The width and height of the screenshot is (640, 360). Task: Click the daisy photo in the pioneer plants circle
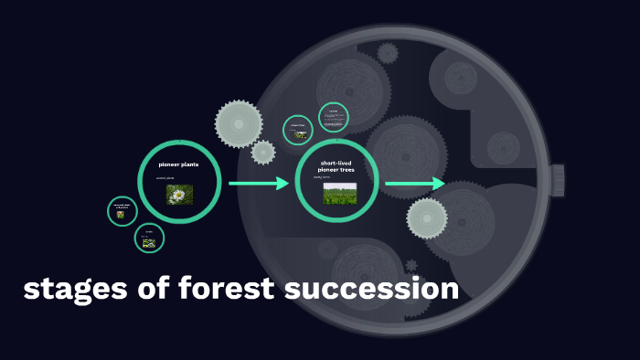[179, 194]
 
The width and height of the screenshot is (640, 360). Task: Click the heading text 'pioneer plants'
[178, 164]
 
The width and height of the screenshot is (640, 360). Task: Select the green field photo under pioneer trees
[339, 193]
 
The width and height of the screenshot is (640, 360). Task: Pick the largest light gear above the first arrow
[238, 121]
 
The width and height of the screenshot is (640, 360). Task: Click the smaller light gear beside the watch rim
[263, 152]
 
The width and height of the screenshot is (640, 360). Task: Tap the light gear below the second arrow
[427, 217]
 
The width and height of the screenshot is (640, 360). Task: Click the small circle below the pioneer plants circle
[149, 239]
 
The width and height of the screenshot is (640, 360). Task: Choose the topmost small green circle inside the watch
[334, 117]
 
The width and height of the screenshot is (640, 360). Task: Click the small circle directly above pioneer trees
[298, 130]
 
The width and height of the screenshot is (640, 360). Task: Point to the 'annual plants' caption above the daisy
[165, 178]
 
